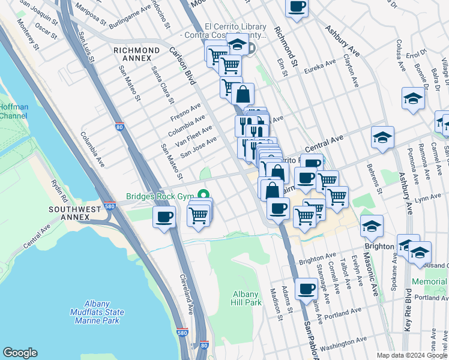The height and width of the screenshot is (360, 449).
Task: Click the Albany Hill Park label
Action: click(246, 298)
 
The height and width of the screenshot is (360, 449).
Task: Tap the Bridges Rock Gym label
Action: click(161, 196)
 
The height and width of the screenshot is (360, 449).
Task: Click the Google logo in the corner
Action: click(20, 353)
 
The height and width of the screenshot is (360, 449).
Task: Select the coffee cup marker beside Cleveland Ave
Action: click(164, 217)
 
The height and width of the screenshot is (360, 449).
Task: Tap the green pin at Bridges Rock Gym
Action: click(204, 194)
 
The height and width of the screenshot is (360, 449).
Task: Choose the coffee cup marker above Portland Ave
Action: click(307, 288)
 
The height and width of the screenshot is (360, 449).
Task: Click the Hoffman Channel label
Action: click(13, 111)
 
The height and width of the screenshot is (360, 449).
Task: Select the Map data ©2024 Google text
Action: click(411, 355)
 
